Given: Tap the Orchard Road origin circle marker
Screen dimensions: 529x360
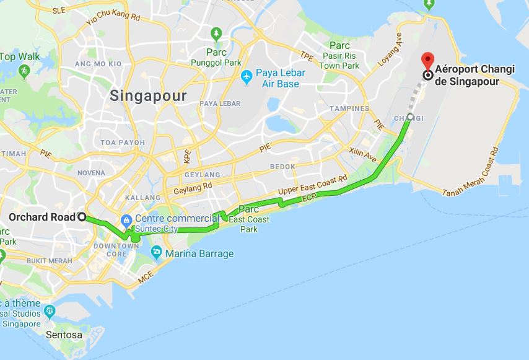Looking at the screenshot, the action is (81, 217).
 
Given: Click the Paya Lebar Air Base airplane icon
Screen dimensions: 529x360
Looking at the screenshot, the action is (247, 76).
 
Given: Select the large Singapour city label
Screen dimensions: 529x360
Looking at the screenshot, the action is (147, 96).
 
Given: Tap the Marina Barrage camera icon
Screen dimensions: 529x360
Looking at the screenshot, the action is (156, 253).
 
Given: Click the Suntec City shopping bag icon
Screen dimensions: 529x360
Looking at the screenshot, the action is (126, 219).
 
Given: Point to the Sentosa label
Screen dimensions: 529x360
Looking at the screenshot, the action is (64, 335).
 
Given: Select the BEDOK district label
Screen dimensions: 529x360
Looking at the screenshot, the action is (283, 167).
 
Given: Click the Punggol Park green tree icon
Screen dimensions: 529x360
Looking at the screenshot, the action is (216, 33).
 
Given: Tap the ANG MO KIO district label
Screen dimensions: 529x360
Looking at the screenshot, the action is (98, 64).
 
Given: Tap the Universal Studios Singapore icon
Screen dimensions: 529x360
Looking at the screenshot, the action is (50, 310).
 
